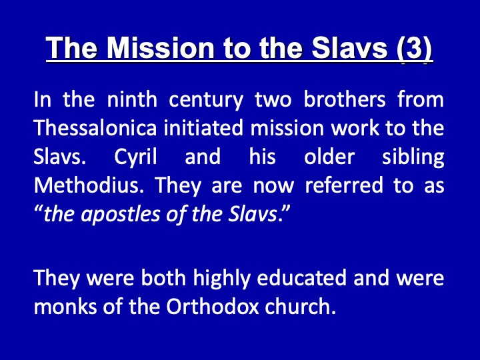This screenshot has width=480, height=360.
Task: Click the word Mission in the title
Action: [x=160, y=48]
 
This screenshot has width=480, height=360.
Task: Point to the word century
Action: [x=206, y=101]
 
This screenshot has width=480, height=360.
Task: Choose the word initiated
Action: [x=204, y=127]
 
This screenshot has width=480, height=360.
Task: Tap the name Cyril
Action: [x=135, y=157]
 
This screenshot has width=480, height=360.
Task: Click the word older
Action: [x=329, y=156]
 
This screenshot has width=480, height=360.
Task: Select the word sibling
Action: [x=413, y=157]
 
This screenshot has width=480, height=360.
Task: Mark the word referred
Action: [x=344, y=185]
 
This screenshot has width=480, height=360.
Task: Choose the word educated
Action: [x=301, y=277]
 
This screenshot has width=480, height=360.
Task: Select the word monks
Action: [x=65, y=306]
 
